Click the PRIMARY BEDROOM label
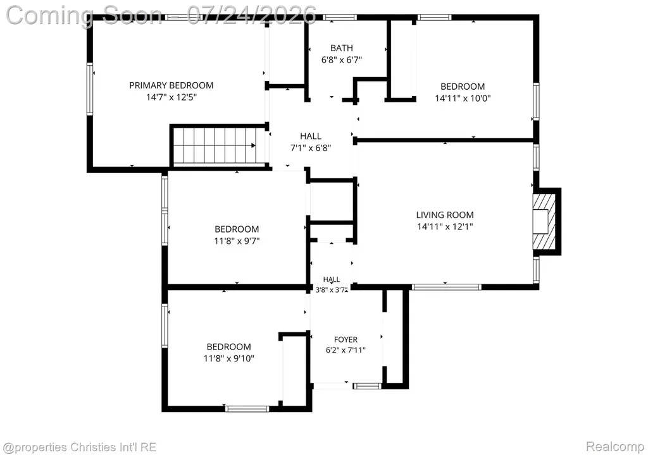pos(171,85)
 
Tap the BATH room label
pos(341,48)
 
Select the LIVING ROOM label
pos(445,215)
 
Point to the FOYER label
pos(346,339)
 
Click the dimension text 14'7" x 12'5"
pos(171,97)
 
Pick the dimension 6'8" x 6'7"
pos(341,60)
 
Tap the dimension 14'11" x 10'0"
pos(463,98)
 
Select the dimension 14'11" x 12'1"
pos(445,226)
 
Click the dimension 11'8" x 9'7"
pos(237,241)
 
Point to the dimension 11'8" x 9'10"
pos(228,358)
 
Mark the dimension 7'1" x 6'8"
pos(310,148)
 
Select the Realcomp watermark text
pos(615,446)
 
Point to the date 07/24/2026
pos(251,15)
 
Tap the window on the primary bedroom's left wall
pos(89,88)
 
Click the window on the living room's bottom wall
pos(446,287)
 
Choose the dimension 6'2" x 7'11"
pos(346,351)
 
